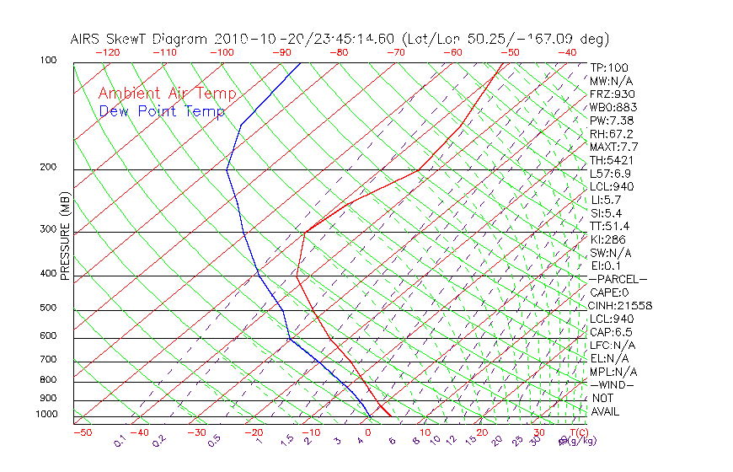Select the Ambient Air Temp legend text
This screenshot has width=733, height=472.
[167, 94]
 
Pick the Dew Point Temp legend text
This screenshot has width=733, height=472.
[162, 111]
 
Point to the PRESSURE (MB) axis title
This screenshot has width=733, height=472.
[65, 237]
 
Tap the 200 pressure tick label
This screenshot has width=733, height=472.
[49, 167]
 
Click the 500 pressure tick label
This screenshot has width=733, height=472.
[49, 308]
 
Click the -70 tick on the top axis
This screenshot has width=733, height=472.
[395, 52]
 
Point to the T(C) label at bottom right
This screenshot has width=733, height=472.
[573, 432]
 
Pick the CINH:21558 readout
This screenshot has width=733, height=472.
[621, 305]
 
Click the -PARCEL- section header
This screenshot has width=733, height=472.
[618, 279]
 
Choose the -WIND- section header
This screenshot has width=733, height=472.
[613, 384]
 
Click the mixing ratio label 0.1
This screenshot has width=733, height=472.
[120, 441]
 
